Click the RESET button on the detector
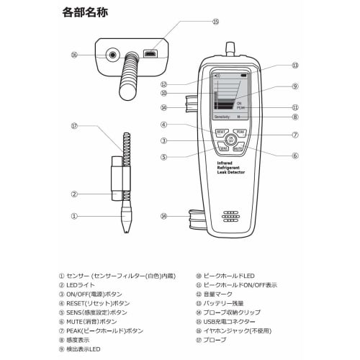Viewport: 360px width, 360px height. pyautogui.click(x=221, y=132)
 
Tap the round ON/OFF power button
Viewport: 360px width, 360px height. pyautogui.click(x=230, y=140)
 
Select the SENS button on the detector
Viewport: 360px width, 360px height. pyautogui.click(x=222, y=148)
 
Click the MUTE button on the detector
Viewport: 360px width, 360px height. pyautogui.click(x=239, y=148)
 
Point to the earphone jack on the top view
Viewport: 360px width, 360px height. pyautogui.click(x=112, y=54)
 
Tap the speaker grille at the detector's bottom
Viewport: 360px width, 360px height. pyautogui.click(x=230, y=216)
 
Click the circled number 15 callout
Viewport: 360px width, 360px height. pyautogui.click(x=215, y=22)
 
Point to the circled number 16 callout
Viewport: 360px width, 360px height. pyautogui.click(x=74, y=54)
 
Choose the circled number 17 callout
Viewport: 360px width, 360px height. pyautogui.click(x=74, y=126)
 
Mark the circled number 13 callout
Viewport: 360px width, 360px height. pyautogui.click(x=294, y=66)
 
